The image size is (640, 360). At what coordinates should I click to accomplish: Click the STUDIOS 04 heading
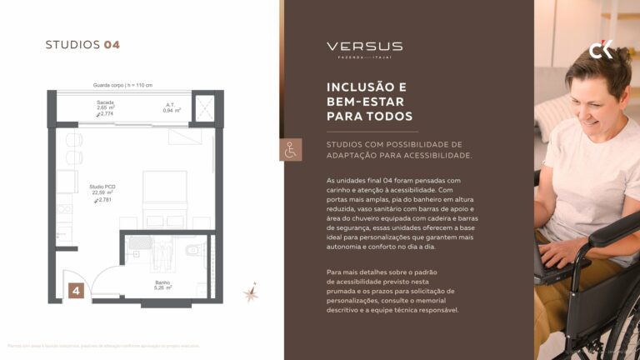82,45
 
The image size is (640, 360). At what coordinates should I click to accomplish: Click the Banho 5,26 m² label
162,285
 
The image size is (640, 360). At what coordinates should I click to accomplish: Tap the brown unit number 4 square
76,291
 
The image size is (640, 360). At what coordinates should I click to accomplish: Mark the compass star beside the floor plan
249,292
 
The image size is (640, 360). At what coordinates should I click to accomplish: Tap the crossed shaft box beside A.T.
204,107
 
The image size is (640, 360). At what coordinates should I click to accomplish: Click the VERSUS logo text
364,47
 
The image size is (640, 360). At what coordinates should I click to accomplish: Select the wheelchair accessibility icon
291,151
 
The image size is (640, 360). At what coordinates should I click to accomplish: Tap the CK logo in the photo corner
601,51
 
